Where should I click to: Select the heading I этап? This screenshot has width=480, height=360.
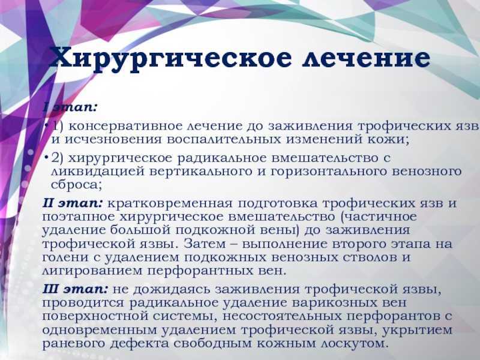pos(70,107)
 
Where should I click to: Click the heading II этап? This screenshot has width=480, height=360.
pos(73,203)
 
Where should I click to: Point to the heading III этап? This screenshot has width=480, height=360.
pos(76,289)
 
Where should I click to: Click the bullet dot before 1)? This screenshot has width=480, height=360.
pos(46,125)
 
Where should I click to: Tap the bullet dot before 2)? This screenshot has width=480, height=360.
pos(46,157)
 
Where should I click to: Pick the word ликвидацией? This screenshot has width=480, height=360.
pos(98,172)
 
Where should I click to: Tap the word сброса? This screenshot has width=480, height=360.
pos(74,185)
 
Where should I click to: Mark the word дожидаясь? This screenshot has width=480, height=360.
pos(172,289)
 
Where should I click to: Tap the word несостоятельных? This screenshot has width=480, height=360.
pos(282,316)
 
